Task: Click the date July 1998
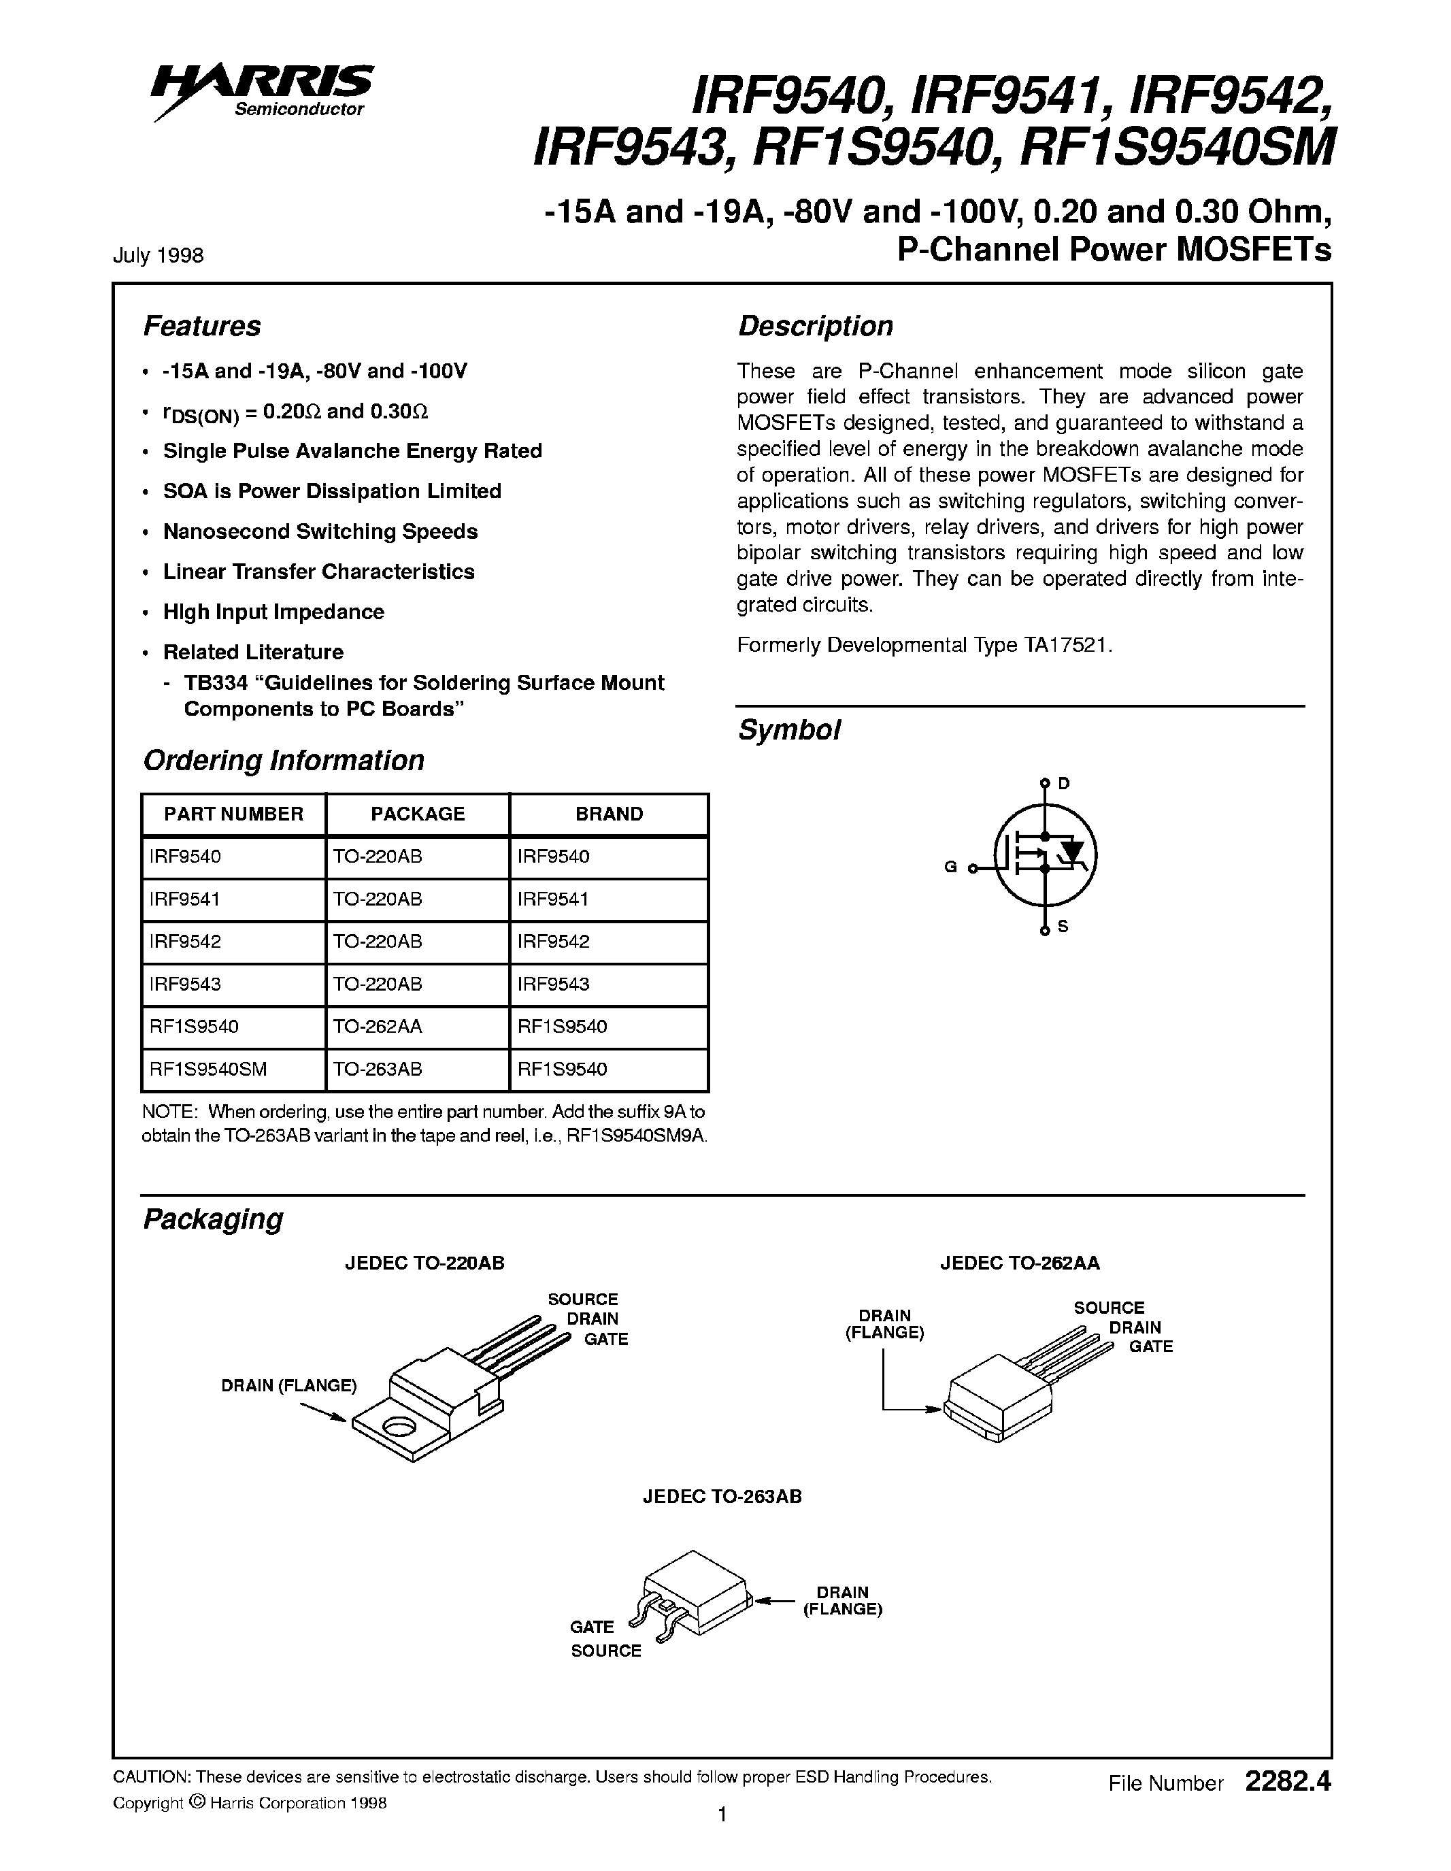point(158,255)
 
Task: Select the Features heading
point(201,327)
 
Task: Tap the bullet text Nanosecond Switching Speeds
point(320,531)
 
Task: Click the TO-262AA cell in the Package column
point(378,1026)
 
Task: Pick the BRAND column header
point(609,814)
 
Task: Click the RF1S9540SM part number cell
point(208,1069)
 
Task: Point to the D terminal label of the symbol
point(1064,783)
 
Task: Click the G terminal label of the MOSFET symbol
point(950,867)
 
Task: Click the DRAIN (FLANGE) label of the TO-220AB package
point(288,1385)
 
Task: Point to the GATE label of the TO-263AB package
point(592,1627)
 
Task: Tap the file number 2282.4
point(1288,1783)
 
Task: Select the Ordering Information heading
point(284,761)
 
